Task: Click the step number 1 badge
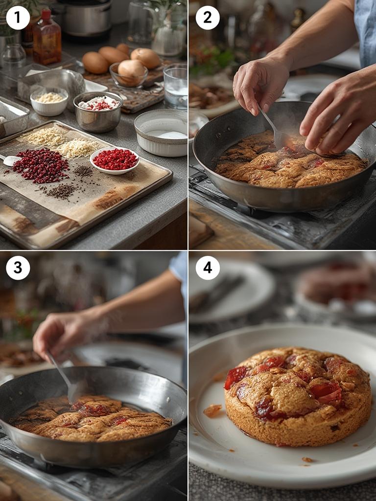18,18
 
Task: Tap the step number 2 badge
208,18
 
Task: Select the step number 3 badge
18,268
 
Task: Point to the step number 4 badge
208,268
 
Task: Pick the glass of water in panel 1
176,87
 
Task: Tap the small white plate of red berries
115,160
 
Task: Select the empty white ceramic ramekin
161,132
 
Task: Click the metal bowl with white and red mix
98,112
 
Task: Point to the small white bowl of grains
49,101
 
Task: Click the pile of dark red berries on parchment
41,165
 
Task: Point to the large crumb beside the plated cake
212,410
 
